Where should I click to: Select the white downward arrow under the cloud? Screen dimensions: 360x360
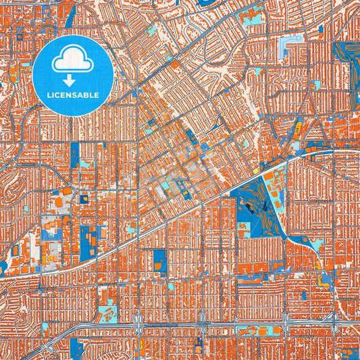(x=69, y=79)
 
